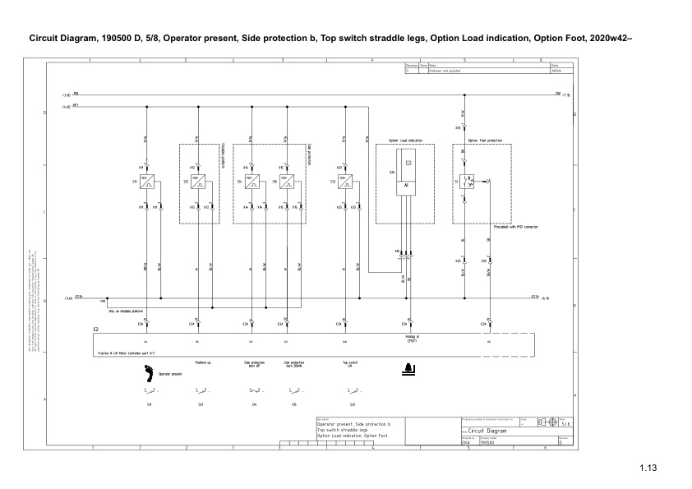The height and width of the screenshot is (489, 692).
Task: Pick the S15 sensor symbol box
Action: click(285, 182)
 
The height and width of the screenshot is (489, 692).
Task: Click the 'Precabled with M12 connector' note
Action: click(514, 226)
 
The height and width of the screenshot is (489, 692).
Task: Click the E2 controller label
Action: click(96, 329)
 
